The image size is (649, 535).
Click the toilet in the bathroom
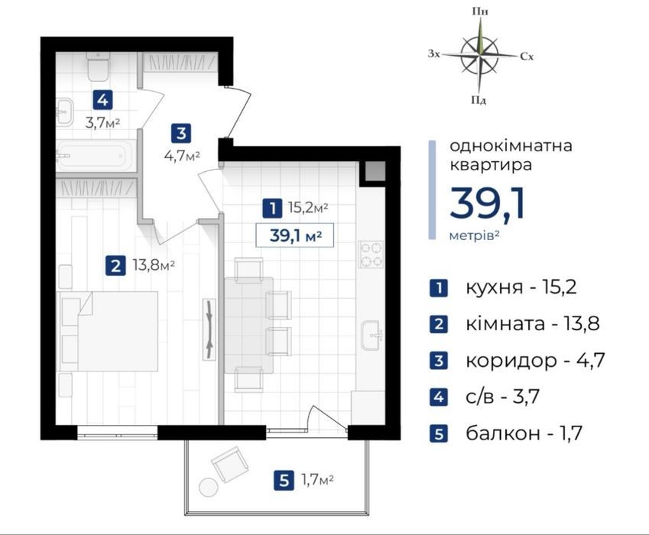point(98,66)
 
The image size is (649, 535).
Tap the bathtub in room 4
point(96,156)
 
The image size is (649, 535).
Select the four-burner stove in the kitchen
point(372,254)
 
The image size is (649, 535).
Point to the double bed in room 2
point(109,331)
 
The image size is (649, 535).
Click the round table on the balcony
point(208,487)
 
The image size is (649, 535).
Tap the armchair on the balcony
point(230,464)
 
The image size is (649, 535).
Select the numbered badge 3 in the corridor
point(181,134)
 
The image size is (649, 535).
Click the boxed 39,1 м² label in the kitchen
point(295,235)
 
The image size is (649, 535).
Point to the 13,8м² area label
point(154,264)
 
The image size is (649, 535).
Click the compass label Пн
point(480,11)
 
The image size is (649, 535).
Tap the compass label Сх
point(527,57)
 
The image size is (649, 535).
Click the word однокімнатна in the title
point(511,146)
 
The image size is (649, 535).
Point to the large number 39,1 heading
point(488,203)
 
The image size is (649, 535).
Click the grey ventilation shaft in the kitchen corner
point(375,171)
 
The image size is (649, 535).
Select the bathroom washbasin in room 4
point(64,112)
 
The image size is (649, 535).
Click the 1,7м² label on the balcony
point(317,481)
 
